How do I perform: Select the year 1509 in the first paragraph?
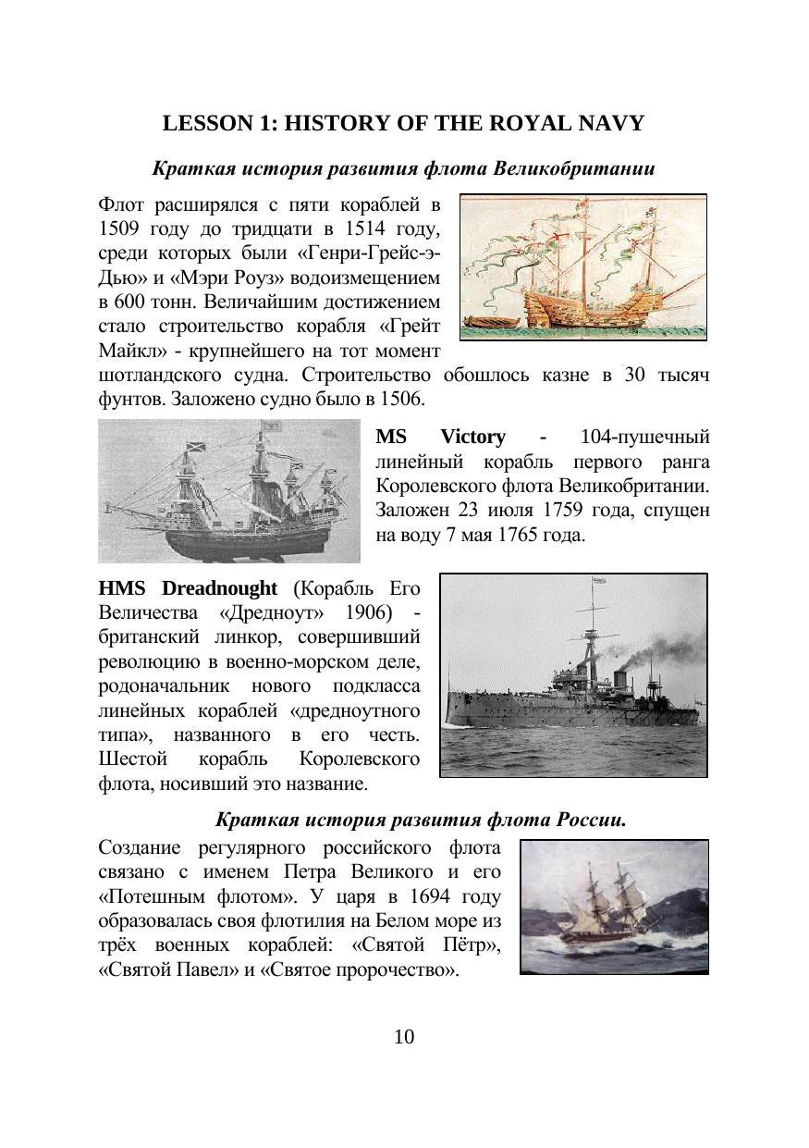point(118,227)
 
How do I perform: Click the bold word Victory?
point(472,437)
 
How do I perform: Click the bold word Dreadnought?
point(219,588)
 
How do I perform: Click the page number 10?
point(404,1037)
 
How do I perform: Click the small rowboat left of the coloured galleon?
point(487,320)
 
